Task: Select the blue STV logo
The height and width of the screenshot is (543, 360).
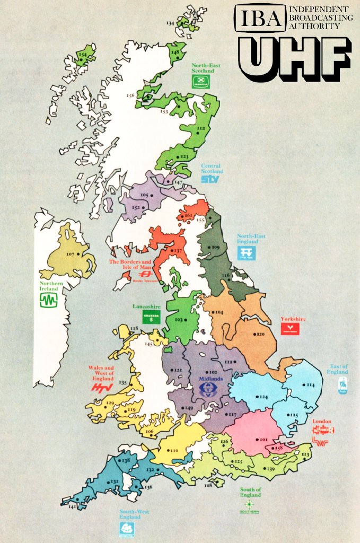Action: click(x=209, y=179)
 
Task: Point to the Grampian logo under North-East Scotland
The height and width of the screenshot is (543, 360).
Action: click(x=200, y=82)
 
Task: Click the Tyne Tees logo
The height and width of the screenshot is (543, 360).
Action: click(x=246, y=253)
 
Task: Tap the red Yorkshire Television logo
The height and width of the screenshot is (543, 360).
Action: click(x=290, y=329)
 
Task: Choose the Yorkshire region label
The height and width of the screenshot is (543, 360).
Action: click(x=293, y=319)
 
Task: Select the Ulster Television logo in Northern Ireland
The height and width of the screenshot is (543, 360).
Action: click(x=49, y=301)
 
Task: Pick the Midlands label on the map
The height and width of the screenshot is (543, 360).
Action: click(x=210, y=380)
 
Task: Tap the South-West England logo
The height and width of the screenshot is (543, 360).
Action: click(x=127, y=528)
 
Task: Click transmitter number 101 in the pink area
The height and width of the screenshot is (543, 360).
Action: click(x=262, y=440)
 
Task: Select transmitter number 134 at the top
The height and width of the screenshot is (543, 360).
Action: click(x=171, y=23)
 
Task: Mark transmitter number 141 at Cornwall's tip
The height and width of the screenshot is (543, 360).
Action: click(x=72, y=507)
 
